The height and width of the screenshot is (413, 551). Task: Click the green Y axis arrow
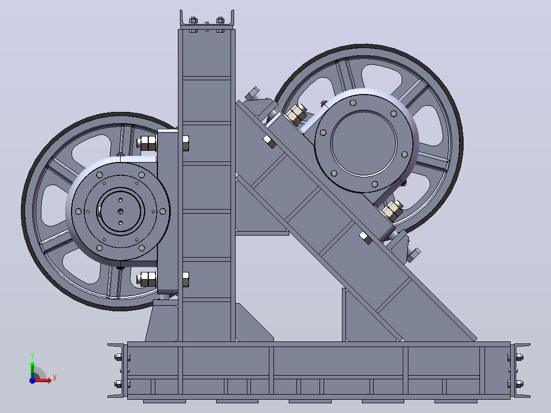[x=32, y=369]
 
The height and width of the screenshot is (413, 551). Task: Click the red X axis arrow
[x=42, y=380]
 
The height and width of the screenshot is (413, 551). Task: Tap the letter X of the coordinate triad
[x=55, y=378]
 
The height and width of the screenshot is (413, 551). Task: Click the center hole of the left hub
[x=121, y=211]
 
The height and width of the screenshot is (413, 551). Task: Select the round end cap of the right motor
[x=364, y=143]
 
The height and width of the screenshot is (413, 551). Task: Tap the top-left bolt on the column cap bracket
[x=193, y=20]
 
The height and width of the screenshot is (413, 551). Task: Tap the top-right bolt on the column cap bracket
[x=220, y=20]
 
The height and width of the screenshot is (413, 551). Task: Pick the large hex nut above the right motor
[x=296, y=114]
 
